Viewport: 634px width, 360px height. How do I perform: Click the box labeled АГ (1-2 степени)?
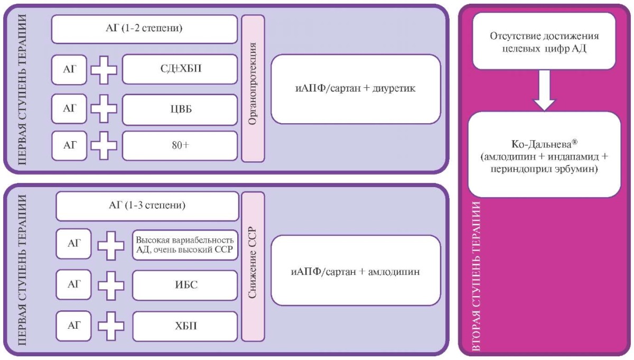tap(144, 29)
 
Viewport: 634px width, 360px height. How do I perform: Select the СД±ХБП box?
tap(180, 69)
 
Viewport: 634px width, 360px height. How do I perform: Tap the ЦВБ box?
tap(180, 109)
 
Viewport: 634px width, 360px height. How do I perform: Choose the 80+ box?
tap(180, 145)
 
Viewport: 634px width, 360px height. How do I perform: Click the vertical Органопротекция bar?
tap(253, 88)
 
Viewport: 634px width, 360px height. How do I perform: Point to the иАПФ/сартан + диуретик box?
tap(356, 89)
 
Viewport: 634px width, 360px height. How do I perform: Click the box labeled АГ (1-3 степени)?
tap(147, 206)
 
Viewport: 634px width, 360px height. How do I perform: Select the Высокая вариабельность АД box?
tap(185, 245)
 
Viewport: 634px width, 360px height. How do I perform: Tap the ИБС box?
tap(185, 285)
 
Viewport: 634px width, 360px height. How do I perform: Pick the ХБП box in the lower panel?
tap(185, 326)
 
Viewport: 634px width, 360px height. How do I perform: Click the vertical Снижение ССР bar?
tap(253, 266)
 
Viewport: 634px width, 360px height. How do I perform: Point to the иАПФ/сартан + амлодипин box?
tap(356, 270)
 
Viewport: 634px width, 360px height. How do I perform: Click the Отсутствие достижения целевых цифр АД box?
tap(544, 41)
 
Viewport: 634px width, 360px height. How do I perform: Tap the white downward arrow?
tap(544, 90)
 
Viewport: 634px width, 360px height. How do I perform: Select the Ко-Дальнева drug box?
tap(544, 154)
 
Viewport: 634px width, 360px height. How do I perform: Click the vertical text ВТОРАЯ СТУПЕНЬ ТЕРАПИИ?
tap(477, 276)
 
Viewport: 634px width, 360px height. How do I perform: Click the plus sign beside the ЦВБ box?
tap(104, 109)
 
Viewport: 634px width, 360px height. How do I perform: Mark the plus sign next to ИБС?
tap(111, 285)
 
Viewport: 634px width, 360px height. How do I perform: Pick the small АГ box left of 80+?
tap(69, 145)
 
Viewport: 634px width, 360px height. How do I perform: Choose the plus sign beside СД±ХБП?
tap(104, 70)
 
